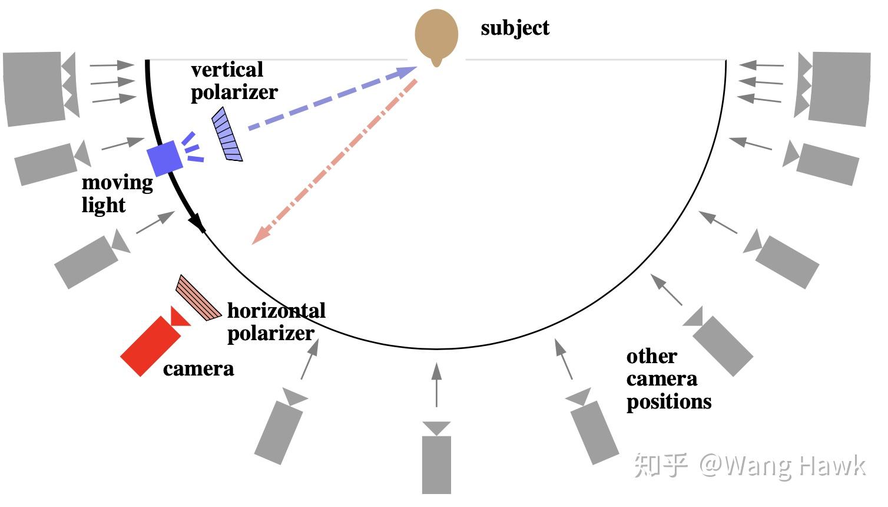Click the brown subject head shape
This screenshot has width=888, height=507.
tap(436, 34)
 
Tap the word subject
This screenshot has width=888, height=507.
tap(515, 28)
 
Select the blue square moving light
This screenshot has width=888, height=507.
tap(164, 158)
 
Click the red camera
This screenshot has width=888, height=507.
tap(152, 345)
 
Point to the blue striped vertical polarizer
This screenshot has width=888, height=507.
tap(227, 134)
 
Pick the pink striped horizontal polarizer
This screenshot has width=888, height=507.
tap(198, 298)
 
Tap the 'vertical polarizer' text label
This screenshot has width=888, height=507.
tap(233, 81)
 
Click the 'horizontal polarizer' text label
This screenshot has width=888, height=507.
tap(276, 322)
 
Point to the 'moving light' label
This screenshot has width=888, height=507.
tap(117, 193)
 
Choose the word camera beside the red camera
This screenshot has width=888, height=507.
tap(198, 369)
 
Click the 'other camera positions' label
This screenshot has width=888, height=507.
tap(668, 379)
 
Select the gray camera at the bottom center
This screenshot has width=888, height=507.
tap(436, 460)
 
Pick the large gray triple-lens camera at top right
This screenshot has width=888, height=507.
tap(836, 88)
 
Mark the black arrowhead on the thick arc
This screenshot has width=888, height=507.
tap(197, 223)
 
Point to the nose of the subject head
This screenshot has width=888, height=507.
tap(436, 61)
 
